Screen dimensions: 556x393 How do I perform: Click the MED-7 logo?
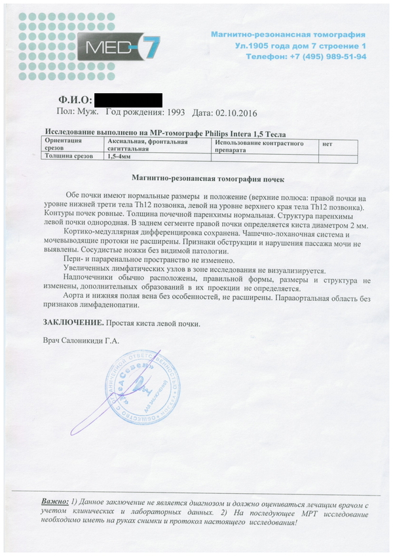click(x=118, y=46)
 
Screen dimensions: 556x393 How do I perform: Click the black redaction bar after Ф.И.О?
click(x=128, y=100)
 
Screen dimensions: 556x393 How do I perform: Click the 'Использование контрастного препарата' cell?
click(x=255, y=146)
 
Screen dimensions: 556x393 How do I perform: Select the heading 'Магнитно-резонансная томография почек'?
click(x=208, y=178)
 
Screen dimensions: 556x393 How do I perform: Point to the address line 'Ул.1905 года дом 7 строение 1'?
click(x=301, y=46)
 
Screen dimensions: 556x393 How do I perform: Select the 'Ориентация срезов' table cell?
click(x=65, y=145)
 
